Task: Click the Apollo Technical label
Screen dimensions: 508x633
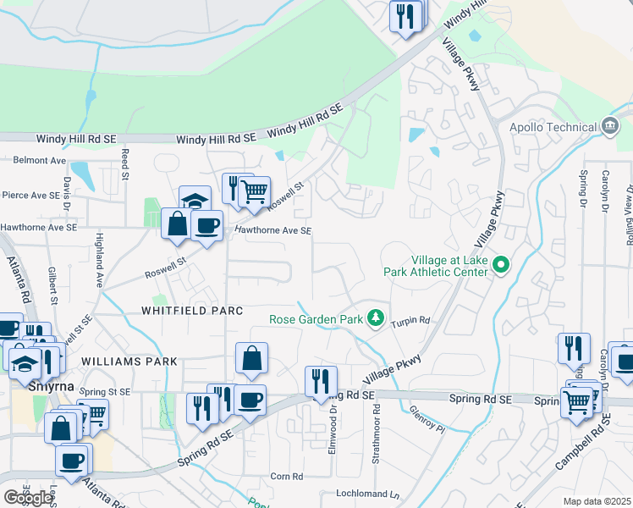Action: pyautogui.click(x=552, y=127)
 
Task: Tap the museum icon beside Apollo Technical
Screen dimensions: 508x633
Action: pyautogui.click(x=609, y=127)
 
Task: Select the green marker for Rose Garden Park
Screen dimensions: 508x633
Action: pyautogui.click(x=376, y=319)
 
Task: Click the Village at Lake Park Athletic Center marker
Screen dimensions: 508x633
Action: pyautogui.click(x=500, y=266)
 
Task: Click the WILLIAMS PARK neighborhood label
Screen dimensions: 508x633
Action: pyautogui.click(x=129, y=362)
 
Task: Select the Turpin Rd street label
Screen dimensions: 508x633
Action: pyautogui.click(x=412, y=321)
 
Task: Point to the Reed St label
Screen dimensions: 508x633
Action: pyautogui.click(x=124, y=165)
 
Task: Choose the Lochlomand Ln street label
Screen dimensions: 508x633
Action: pyautogui.click(x=366, y=494)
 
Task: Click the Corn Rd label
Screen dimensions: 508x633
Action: pyautogui.click(x=287, y=477)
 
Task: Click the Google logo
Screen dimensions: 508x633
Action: pyautogui.click(x=28, y=498)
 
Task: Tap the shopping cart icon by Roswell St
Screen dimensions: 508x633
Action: pyautogui.click(x=254, y=191)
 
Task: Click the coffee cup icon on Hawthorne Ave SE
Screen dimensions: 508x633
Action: pyautogui.click(x=206, y=225)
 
